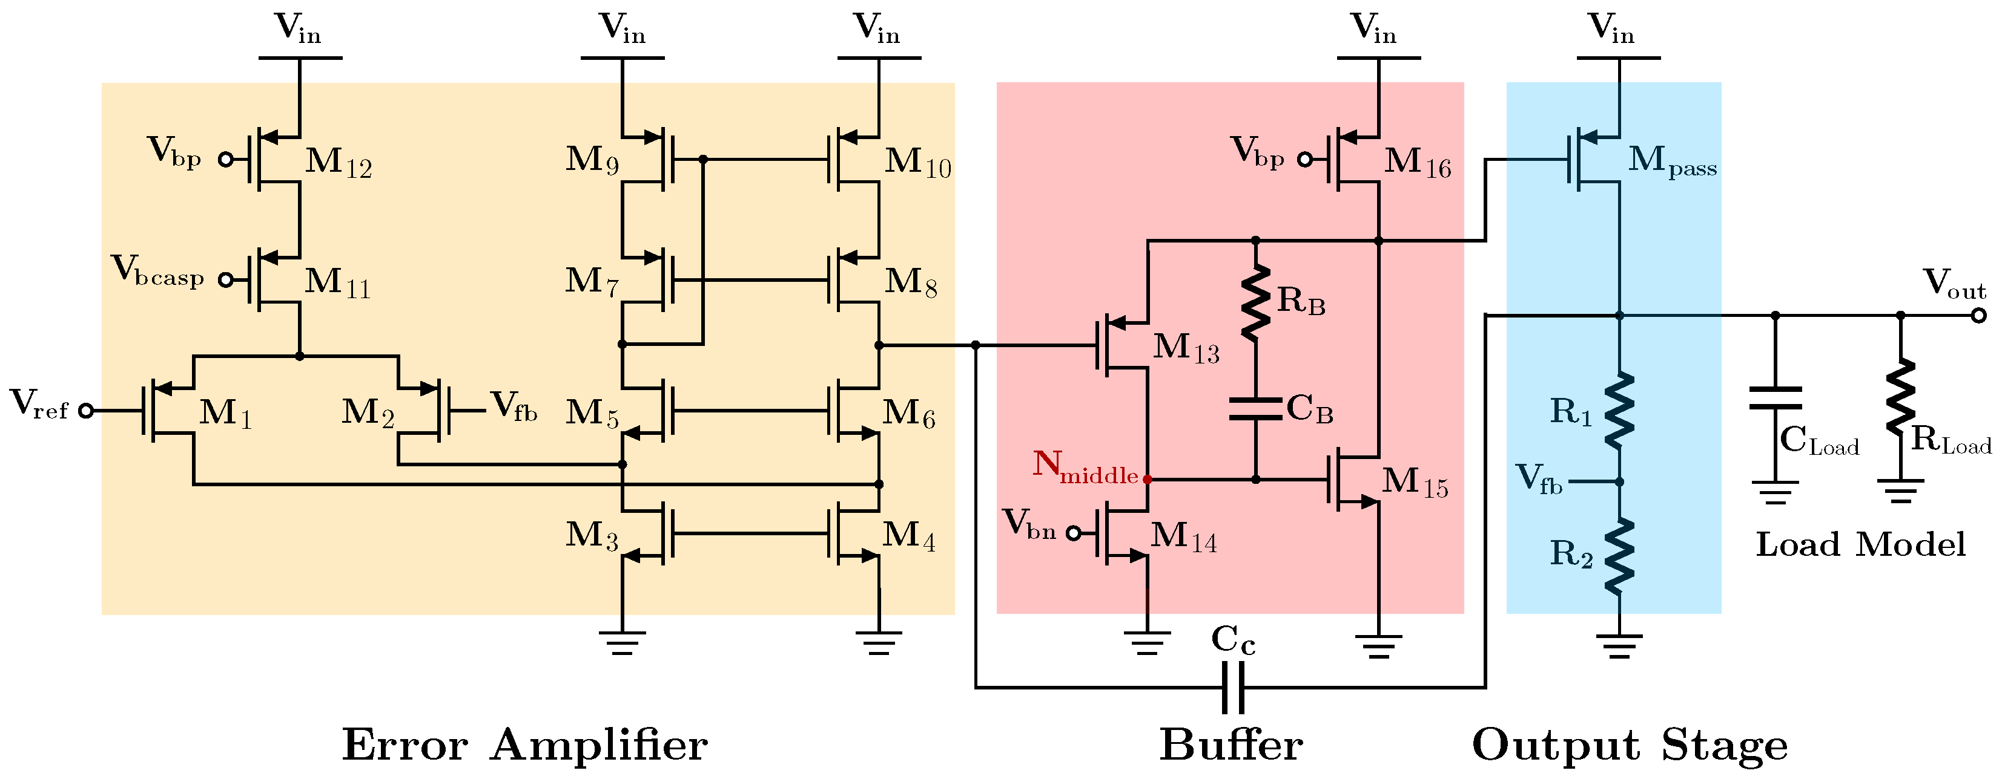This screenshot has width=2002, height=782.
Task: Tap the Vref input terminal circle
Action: (x=86, y=410)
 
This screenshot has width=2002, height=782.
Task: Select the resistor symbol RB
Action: (x=1255, y=303)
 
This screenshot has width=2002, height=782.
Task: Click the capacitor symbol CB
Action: (x=1255, y=409)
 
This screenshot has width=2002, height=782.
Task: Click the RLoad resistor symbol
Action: (x=1900, y=396)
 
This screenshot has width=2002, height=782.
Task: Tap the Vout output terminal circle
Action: (x=1978, y=315)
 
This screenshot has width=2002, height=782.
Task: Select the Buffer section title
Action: (x=1231, y=746)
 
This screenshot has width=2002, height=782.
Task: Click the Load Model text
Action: (x=1860, y=544)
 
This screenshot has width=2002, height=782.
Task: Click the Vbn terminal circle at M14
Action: (x=1072, y=533)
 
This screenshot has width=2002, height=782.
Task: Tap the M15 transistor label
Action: (x=1415, y=482)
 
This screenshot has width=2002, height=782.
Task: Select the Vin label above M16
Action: (x=1374, y=29)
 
